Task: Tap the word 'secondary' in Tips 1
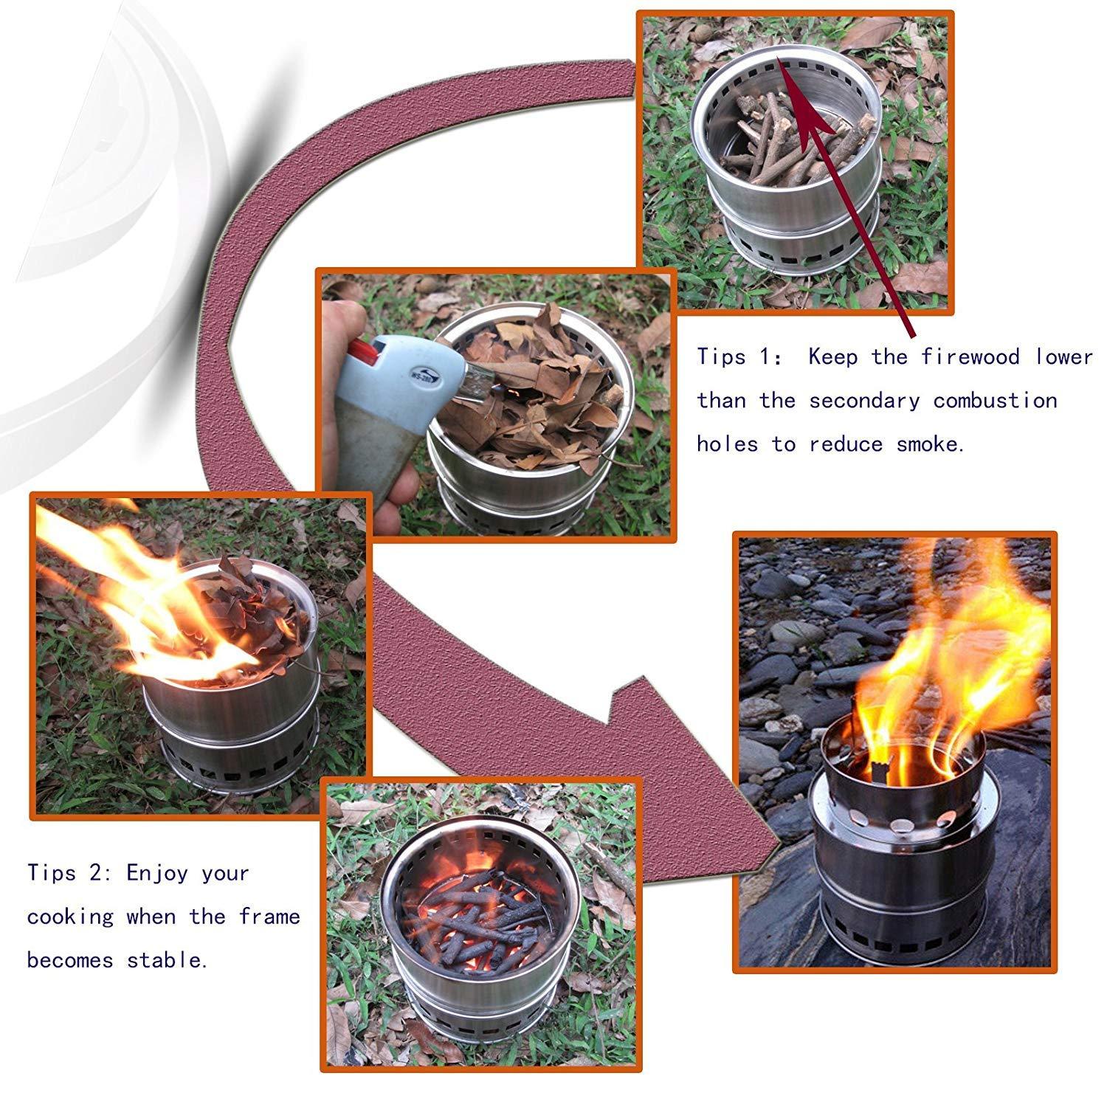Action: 864,401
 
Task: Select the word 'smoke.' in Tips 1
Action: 931,444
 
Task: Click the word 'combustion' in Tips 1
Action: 995,401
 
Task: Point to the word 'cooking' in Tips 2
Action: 71,917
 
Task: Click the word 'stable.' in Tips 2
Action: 167,960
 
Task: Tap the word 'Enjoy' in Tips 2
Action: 157,874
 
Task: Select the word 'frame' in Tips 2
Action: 269,917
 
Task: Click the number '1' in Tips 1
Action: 765,357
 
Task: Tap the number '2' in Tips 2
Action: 95,874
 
